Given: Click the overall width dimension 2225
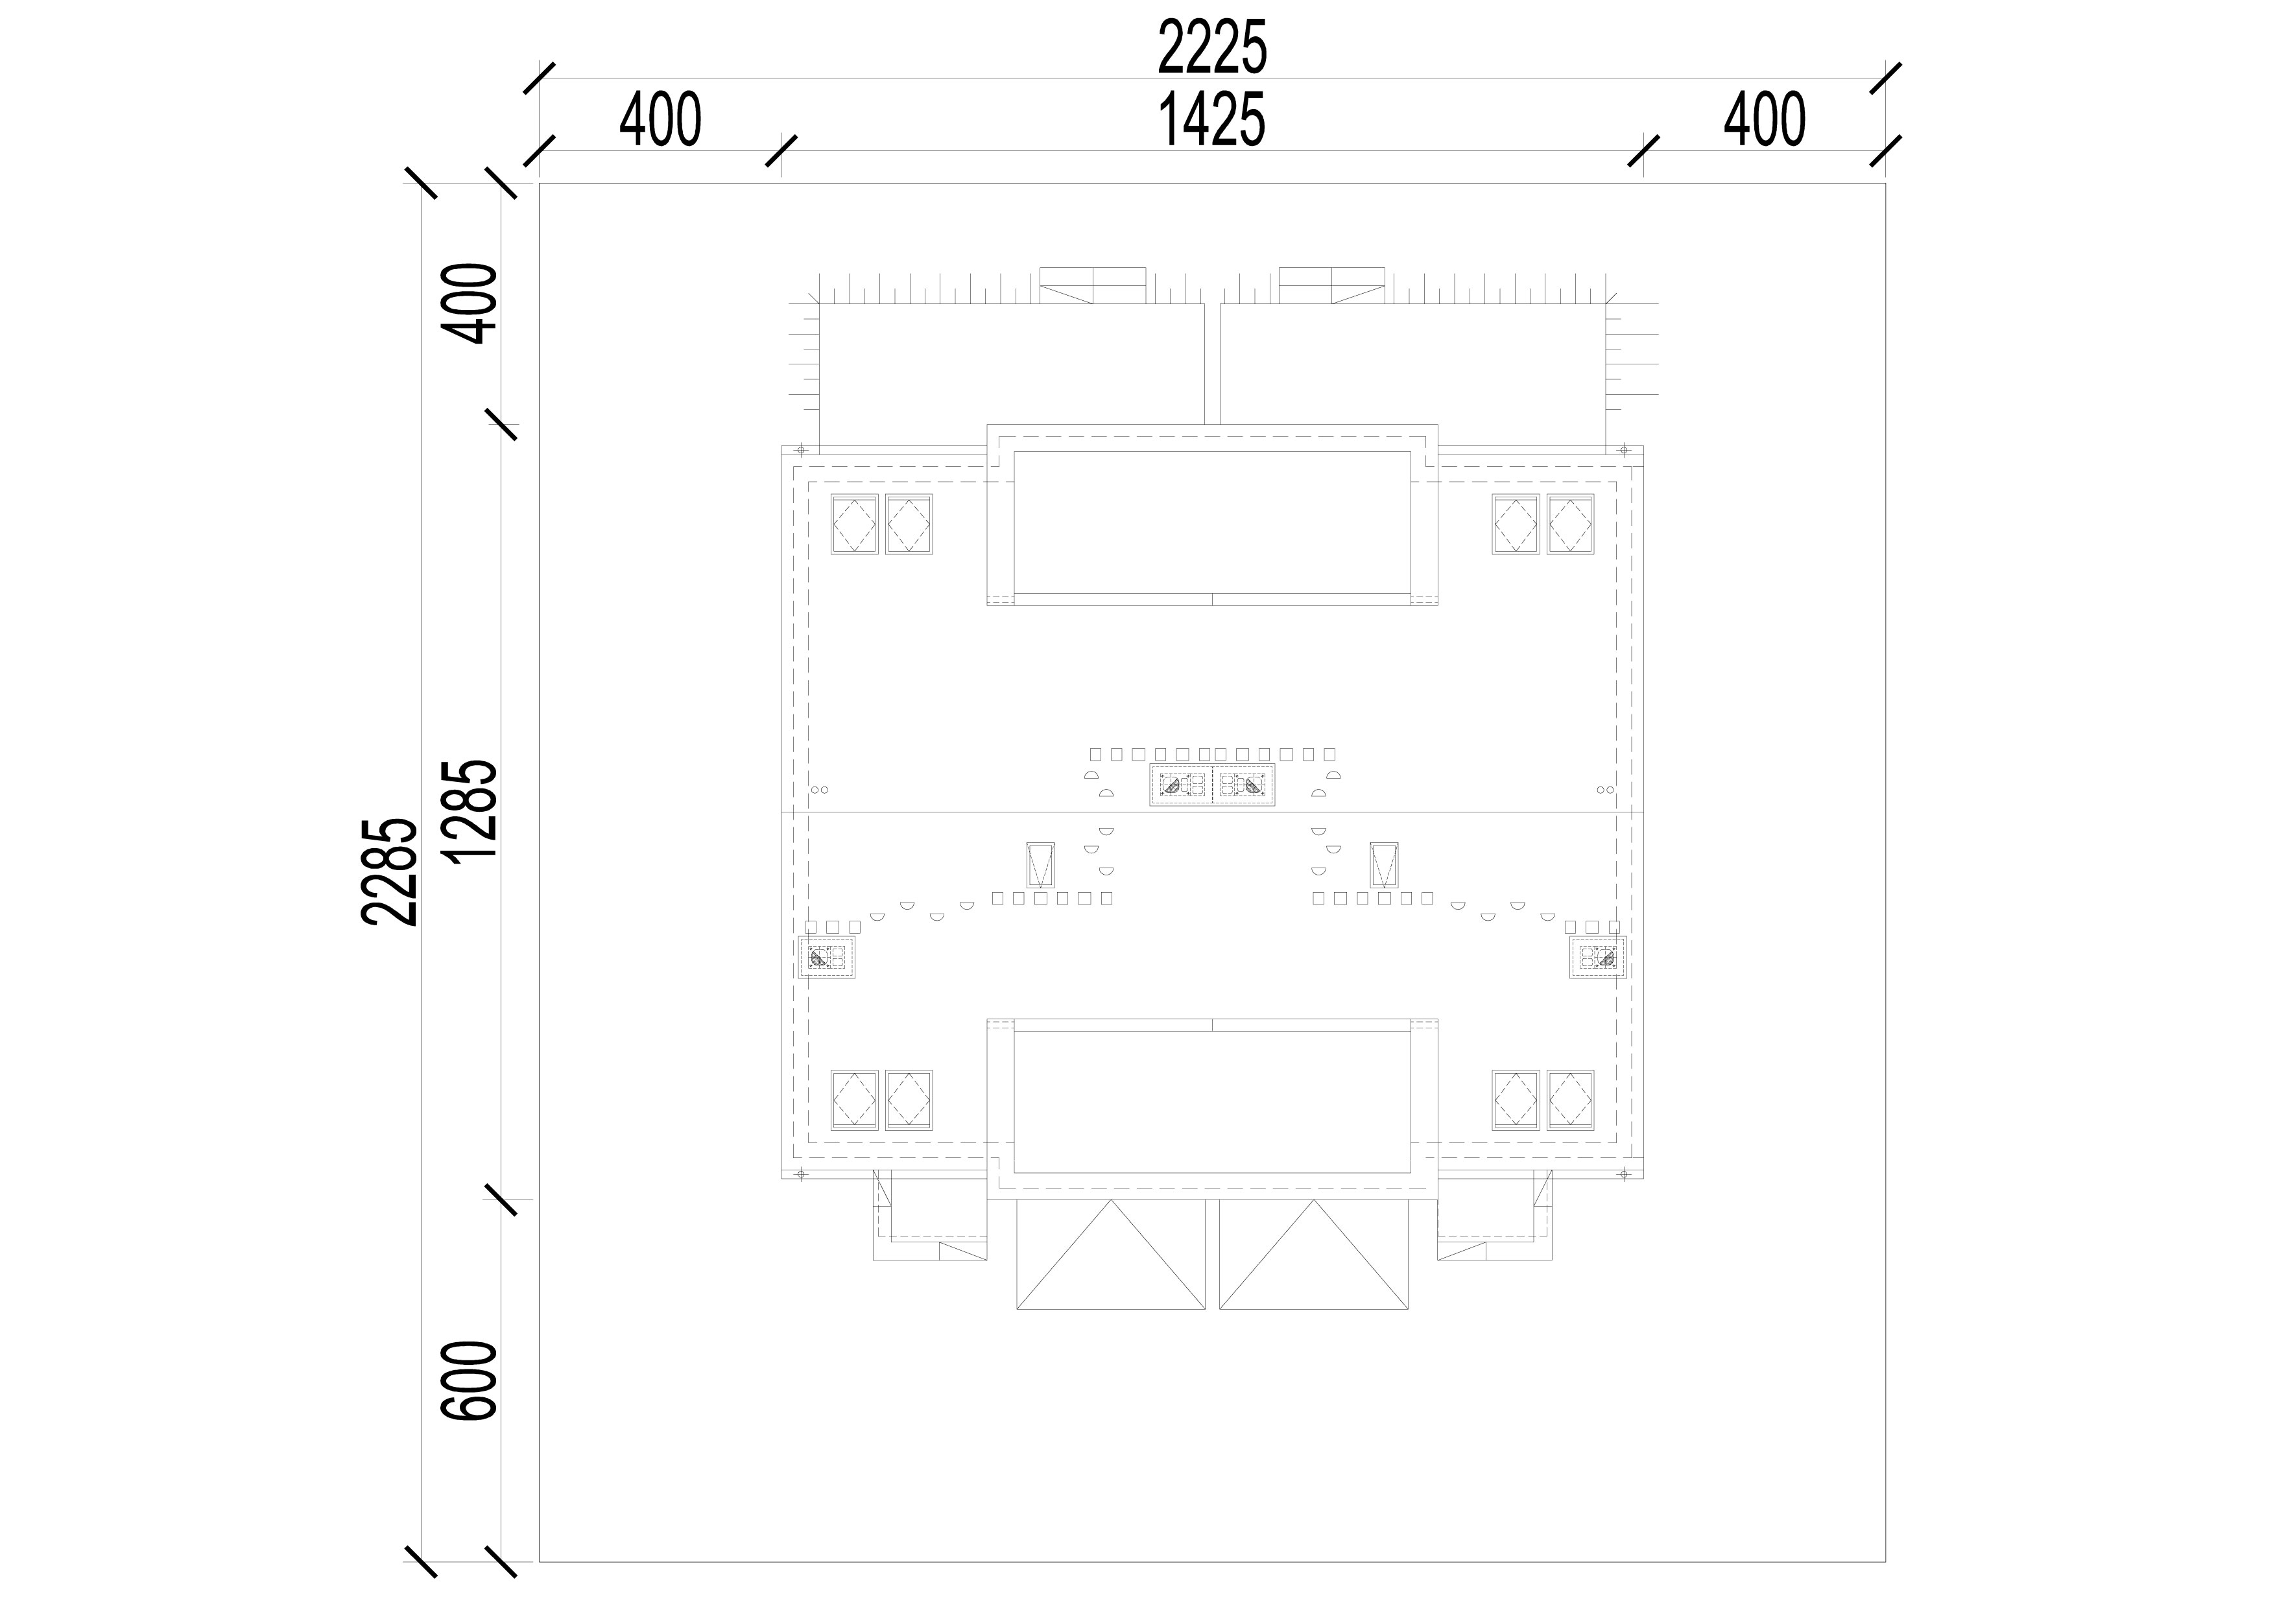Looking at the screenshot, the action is pyautogui.click(x=1213, y=47).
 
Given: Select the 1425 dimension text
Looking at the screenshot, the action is pyautogui.click(x=1213, y=120).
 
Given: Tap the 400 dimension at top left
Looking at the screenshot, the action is pyautogui.click(x=661, y=120).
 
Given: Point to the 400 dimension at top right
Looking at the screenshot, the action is pyautogui.click(x=1765, y=120).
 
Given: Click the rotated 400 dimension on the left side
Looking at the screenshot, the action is pyautogui.click(x=471, y=303).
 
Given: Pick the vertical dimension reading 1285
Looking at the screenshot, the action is pyautogui.click(x=471, y=812).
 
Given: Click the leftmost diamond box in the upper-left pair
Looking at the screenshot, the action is pyautogui.click(x=854, y=524).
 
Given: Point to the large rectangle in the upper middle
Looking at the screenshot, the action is pyautogui.click(x=1213, y=521).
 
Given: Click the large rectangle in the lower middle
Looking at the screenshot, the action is pyautogui.click(x=1213, y=1102).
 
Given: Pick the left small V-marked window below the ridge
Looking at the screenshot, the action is pyautogui.click(x=1040, y=865).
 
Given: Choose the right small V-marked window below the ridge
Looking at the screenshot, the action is pyautogui.click(x=1384, y=865).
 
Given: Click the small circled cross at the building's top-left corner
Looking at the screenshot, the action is pyautogui.click(x=802, y=450).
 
